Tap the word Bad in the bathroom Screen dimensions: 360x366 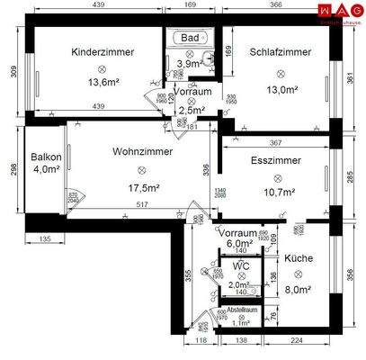tap(189, 39)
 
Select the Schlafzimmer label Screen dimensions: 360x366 tap(281, 52)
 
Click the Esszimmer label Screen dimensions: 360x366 tap(276, 159)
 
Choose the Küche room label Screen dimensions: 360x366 tap(299, 258)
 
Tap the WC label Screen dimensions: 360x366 tap(239, 266)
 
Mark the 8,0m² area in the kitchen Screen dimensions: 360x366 tap(298, 290)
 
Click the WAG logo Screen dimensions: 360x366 tap(338, 11)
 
